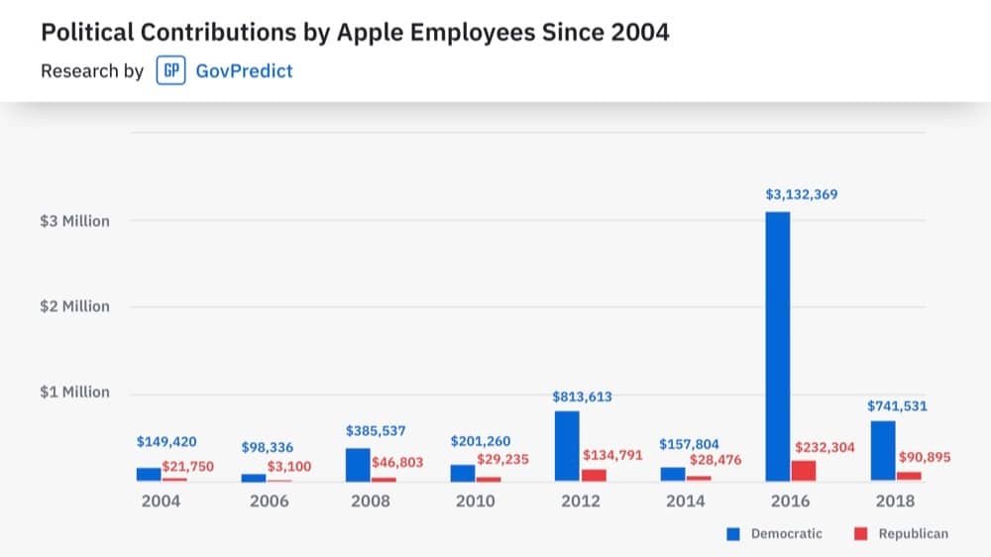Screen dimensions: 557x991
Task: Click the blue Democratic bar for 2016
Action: pos(777,347)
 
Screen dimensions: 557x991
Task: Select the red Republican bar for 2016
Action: pos(804,471)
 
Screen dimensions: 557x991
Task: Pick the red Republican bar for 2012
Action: pos(594,475)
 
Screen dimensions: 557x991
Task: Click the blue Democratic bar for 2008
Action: pos(358,465)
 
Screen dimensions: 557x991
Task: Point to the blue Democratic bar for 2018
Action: pos(882,451)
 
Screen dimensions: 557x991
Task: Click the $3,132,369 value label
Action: pos(802,195)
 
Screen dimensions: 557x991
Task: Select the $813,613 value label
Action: pos(582,396)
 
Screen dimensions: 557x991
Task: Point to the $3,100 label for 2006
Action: pos(289,466)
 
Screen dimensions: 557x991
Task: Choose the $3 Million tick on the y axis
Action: pos(74,221)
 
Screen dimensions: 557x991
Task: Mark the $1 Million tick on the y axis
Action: pos(74,392)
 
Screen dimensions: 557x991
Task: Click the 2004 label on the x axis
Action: pos(161,501)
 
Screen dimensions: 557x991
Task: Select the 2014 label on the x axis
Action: pos(685,501)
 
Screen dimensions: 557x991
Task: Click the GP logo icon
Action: pos(170,71)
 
